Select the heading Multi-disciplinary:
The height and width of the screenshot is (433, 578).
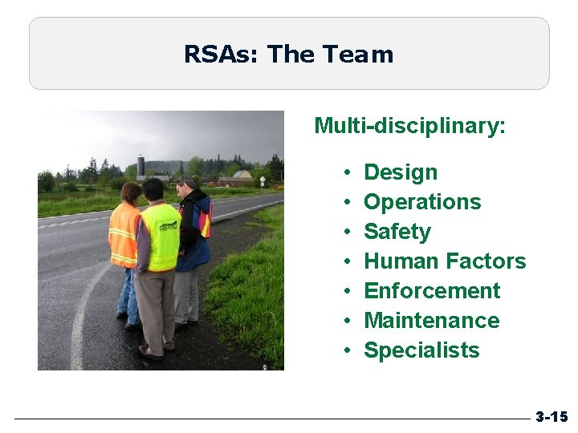[409, 126]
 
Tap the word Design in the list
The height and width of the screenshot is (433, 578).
[401, 172]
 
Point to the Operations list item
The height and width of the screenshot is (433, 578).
[422, 202]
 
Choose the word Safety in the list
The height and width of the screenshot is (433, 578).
[397, 232]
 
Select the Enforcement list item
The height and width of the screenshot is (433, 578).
[432, 291]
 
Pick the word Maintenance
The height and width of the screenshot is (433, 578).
[431, 321]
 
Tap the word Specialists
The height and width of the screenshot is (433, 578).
[421, 350]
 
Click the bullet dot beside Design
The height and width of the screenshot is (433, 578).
[344, 173]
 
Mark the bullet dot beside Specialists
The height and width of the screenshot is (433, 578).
[344, 351]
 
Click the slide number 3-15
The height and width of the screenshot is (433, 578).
[552, 417]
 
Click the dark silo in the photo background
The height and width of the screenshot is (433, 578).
[141, 166]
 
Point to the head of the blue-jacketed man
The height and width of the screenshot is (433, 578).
[186, 186]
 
